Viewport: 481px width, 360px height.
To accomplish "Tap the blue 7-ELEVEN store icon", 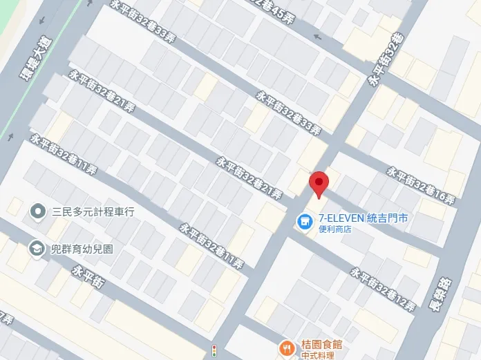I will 302,222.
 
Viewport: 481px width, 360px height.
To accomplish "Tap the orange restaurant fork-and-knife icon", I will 285,347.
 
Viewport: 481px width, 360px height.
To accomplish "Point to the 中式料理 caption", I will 317,355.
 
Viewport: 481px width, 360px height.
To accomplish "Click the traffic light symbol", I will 214,350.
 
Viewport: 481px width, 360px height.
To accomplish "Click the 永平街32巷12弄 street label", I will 382,289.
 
